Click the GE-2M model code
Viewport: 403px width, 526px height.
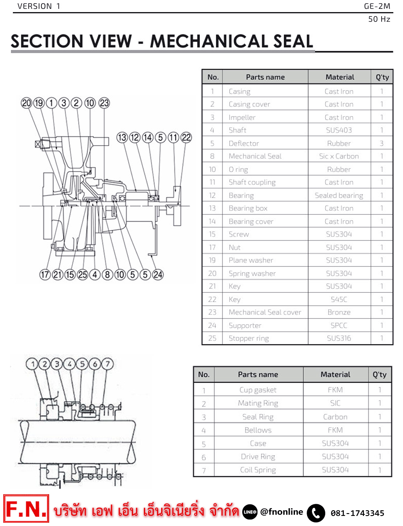click(x=377, y=6)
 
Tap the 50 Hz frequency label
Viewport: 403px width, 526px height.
click(x=379, y=19)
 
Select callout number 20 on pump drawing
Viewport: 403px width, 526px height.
click(x=26, y=103)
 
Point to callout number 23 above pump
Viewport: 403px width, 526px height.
click(x=104, y=103)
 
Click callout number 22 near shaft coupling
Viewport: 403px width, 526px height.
click(x=186, y=137)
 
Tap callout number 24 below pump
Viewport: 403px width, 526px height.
click(x=158, y=275)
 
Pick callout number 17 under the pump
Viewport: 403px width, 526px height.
click(x=45, y=275)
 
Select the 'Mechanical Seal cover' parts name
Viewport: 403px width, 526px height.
click(x=265, y=312)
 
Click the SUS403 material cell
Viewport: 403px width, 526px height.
click(x=339, y=130)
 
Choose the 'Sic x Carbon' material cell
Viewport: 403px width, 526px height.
click(x=339, y=156)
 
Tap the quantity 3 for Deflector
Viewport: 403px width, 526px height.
click(x=382, y=143)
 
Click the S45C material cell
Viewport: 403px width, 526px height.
click(x=339, y=299)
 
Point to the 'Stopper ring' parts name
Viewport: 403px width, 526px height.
click(x=249, y=338)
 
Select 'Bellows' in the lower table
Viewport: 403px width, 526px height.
click(x=258, y=430)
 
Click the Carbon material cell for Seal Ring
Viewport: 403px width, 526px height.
click(x=335, y=417)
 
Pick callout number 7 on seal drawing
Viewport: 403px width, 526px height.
click(x=107, y=364)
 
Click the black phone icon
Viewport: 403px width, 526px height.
click(x=316, y=513)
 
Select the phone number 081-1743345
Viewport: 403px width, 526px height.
click(x=357, y=513)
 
